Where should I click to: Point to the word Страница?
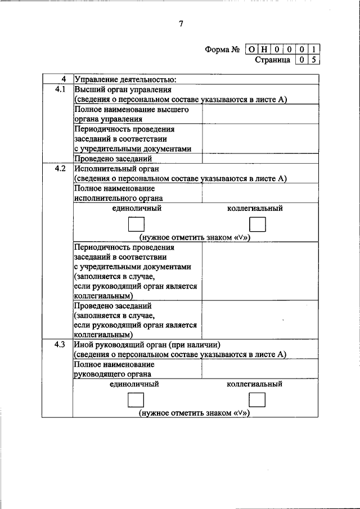pos(273,60)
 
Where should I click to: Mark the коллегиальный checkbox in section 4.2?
pos(257,225)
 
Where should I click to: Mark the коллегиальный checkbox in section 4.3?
pos(257,400)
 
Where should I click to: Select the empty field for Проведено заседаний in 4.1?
pos(261,159)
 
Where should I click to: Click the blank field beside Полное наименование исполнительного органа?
pos(261,193)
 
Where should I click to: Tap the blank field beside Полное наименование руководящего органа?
pos(261,369)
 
